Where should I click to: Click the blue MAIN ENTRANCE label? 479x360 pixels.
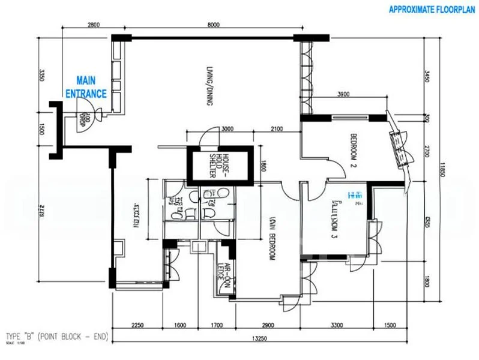click(x=86, y=87)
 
